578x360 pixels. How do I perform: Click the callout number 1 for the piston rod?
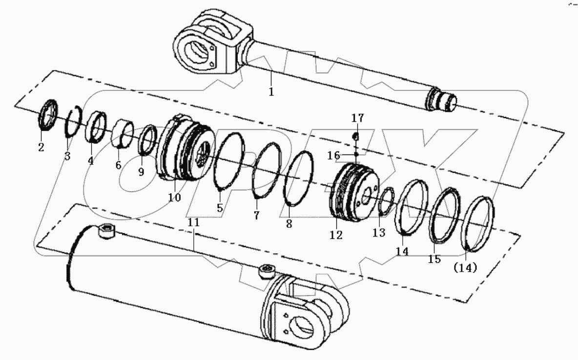[271, 91]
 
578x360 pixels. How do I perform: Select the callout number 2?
[41, 146]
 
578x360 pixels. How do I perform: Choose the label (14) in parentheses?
[465, 268]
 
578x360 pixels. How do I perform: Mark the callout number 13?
[379, 233]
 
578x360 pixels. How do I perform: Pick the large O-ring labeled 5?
[229, 161]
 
